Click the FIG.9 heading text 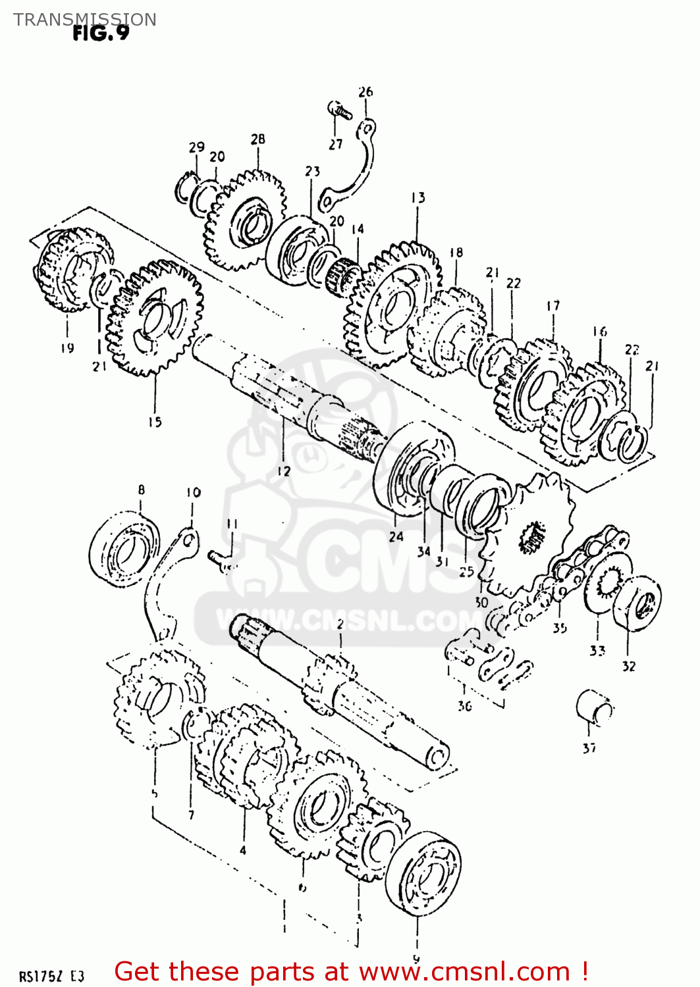pos(101,33)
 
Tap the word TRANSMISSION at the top pos(85,19)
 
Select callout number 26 pos(365,92)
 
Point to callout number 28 pos(257,139)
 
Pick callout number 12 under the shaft pos(283,471)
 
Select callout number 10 pos(193,492)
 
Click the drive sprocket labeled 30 pos(527,533)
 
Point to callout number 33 pos(597,651)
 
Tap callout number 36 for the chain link pos(465,706)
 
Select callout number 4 pos(242,850)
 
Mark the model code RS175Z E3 pos(51,976)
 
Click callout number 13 pos(417,197)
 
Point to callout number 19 pos(67,348)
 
